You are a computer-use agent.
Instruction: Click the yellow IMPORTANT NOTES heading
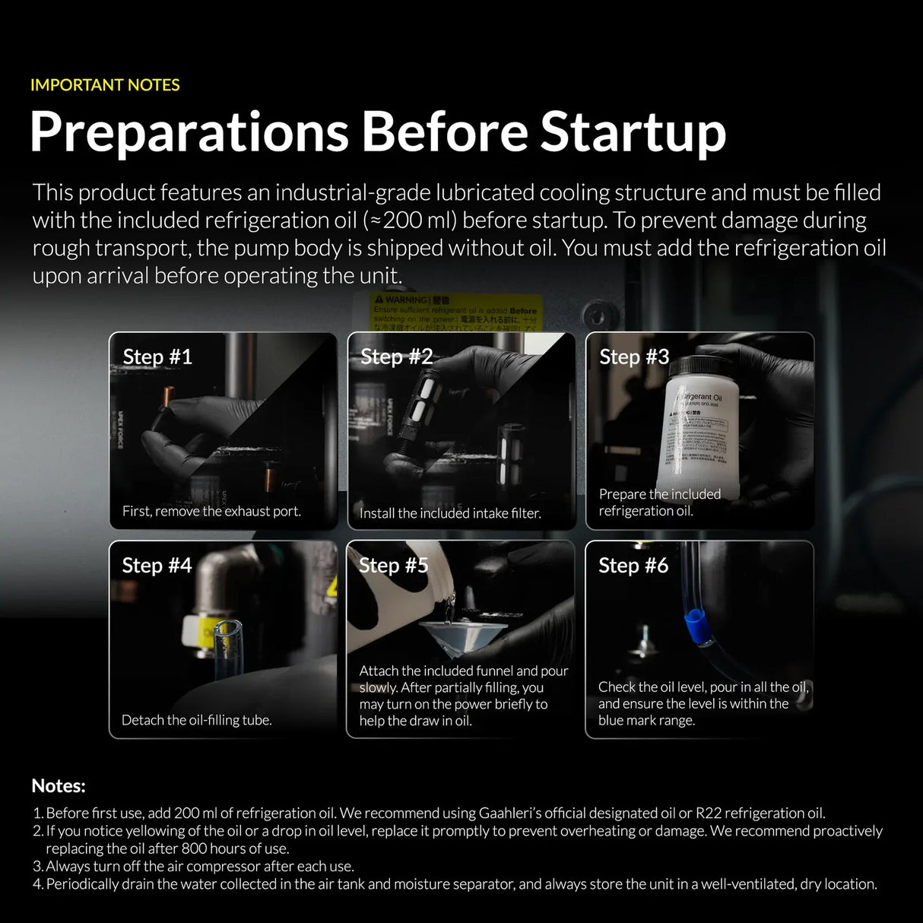tap(105, 85)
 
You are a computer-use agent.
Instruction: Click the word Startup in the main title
tap(633, 132)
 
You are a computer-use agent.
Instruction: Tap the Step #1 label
tap(157, 357)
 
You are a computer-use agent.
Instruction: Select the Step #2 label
tap(396, 357)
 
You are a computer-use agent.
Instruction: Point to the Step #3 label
tap(634, 357)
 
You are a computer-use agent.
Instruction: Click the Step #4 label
tap(157, 565)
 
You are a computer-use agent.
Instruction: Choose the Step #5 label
tap(393, 565)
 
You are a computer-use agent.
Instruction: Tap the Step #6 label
tap(633, 565)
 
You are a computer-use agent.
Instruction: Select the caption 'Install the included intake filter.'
tap(450, 513)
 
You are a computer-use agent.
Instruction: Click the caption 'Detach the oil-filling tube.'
tap(196, 720)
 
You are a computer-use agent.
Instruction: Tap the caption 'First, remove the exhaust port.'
tap(211, 511)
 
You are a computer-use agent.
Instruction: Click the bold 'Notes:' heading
tap(59, 785)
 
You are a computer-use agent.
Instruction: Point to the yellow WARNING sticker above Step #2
tap(456, 309)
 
